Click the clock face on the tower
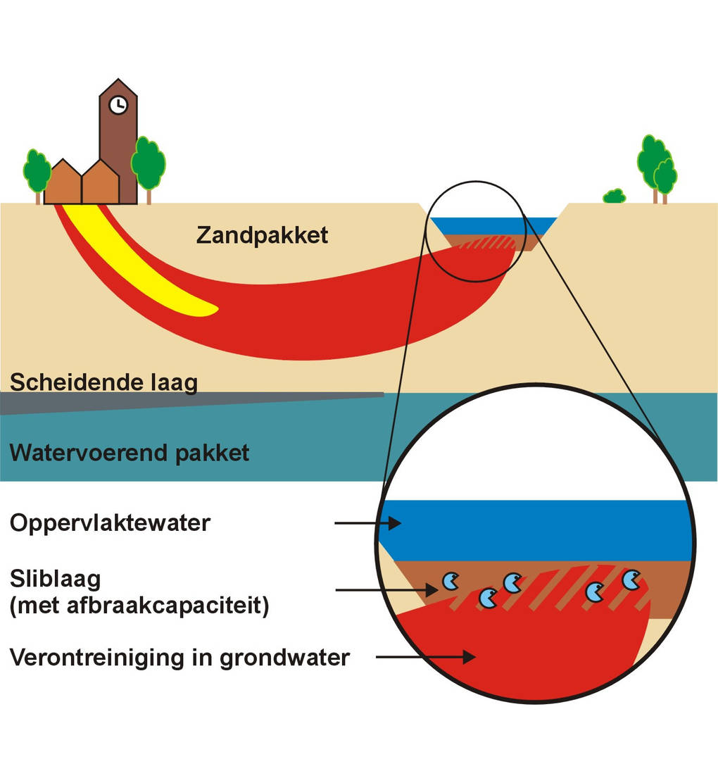tap(118, 105)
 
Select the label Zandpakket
tap(262, 234)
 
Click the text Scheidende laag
tap(103, 382)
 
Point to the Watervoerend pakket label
tap(130, 452)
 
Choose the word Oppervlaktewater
tap(110, 523)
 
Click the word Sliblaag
tap(56, 579)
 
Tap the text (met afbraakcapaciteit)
tap(139, 606)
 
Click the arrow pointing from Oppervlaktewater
tap(367, 523)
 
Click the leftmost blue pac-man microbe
tap(450, 581)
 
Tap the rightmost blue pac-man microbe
tap(631, 580)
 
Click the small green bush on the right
tap(615, 196)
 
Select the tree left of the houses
tap(36, 171)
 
